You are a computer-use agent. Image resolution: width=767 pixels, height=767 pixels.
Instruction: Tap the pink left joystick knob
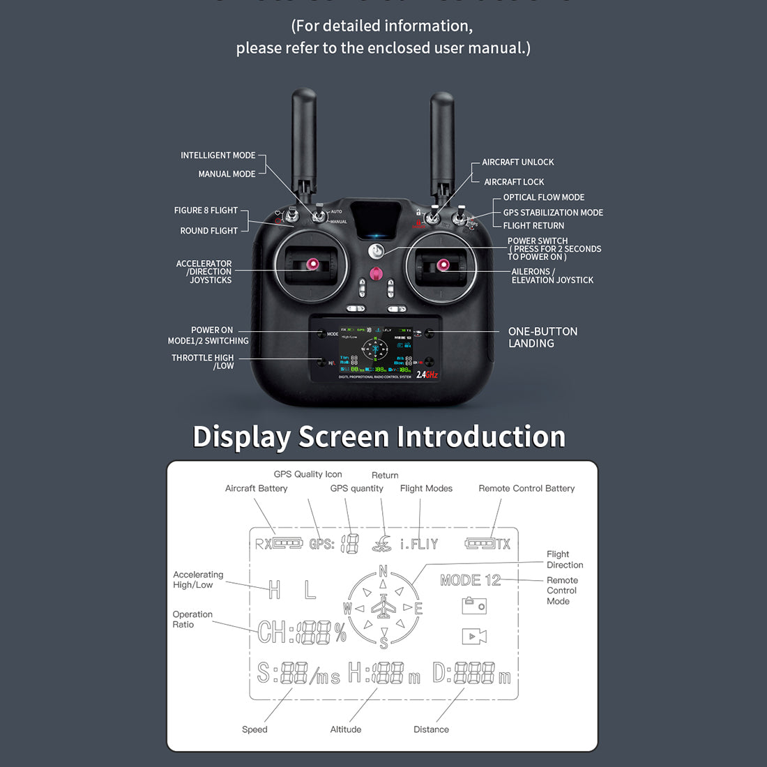coord(312,264)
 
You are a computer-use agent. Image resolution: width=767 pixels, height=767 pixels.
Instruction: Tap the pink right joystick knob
coord(442,264)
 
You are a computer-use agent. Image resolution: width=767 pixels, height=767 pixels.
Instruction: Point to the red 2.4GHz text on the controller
coord(427,374)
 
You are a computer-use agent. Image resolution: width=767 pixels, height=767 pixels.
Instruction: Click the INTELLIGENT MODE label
coord(218,155)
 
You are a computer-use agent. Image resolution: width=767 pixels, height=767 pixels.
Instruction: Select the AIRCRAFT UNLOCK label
coord(517,162)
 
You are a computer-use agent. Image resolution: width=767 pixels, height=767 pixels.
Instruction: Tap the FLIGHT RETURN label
coord(533,225)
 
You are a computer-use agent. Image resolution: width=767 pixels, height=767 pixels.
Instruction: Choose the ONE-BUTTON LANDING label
coord(542,337)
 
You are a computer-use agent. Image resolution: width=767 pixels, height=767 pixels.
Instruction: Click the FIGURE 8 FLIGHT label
coord(206,210)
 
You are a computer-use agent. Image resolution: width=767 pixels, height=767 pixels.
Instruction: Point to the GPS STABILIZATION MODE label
coord(553,213)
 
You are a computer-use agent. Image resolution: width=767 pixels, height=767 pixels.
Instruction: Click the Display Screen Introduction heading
coord(379,437)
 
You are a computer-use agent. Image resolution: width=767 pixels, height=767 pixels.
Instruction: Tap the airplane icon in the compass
coord(383,607)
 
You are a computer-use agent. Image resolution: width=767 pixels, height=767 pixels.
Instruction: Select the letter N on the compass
coord(383,572)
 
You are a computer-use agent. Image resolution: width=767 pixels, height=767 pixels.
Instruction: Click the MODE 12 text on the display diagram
coord(471,580)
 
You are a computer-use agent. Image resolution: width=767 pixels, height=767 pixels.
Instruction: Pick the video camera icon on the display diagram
coord(474,636)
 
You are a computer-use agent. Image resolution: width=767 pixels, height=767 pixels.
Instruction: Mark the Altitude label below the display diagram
coord(346,729)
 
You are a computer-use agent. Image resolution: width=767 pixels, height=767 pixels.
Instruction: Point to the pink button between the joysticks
coord(377,273)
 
